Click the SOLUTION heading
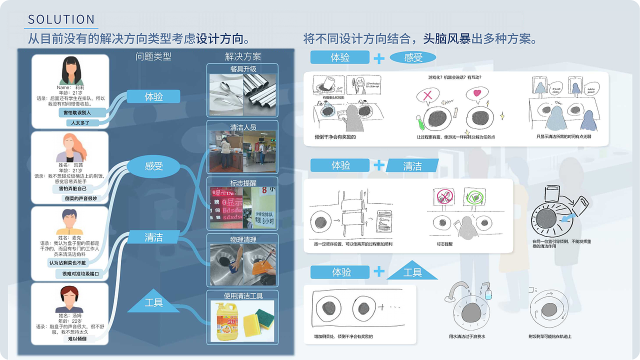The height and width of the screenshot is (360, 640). tap(61, 20)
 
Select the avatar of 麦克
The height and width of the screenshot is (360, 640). tap(69, 221)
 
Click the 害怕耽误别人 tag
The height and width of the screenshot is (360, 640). tap(77, 113)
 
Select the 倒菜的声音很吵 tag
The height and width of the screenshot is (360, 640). tap(81, 198)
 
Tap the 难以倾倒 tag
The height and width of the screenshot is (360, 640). tap(77, 339)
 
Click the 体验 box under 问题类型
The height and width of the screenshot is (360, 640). tap(153, 96)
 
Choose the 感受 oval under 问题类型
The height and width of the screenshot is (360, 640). tap(153, 166)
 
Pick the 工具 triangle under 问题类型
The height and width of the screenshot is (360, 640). tap(153, 302)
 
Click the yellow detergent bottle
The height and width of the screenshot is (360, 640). tap(226, 322)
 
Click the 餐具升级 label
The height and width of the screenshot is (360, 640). tap(243, 68)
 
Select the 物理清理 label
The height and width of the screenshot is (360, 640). tap(243, 239)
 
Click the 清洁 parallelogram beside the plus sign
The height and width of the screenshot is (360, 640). tap(412, 166)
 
